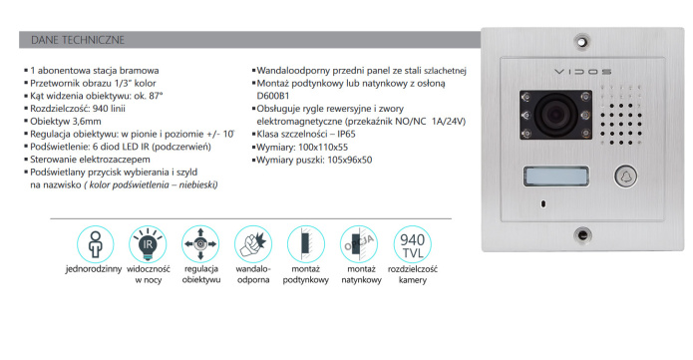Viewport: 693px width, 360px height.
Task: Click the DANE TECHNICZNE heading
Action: pos(78,40)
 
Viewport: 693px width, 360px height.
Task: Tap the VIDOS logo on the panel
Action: pos(583,71)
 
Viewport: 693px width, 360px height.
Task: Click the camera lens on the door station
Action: pos(555,115)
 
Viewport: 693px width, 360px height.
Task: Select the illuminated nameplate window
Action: pos(556,177)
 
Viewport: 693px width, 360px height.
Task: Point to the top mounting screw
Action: pos(582,42)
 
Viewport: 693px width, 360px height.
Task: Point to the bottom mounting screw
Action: pos(583,234)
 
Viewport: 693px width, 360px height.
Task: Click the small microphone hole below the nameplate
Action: pos(543,203)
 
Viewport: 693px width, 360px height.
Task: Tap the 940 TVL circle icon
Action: pos(413,244)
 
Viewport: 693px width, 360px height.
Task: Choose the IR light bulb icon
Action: pos(148,244)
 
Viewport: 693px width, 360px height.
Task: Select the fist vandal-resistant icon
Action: pos(253,244)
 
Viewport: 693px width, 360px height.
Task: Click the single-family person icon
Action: pos(95,244)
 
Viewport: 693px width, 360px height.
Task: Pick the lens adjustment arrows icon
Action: pos(200,244)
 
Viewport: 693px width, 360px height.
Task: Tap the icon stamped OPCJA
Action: pos(358,244)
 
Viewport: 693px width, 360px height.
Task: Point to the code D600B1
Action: pos(273,96)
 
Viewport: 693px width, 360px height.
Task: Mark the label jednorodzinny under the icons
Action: pos(94,269)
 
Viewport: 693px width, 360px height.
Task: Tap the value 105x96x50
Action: pos(350,161)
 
